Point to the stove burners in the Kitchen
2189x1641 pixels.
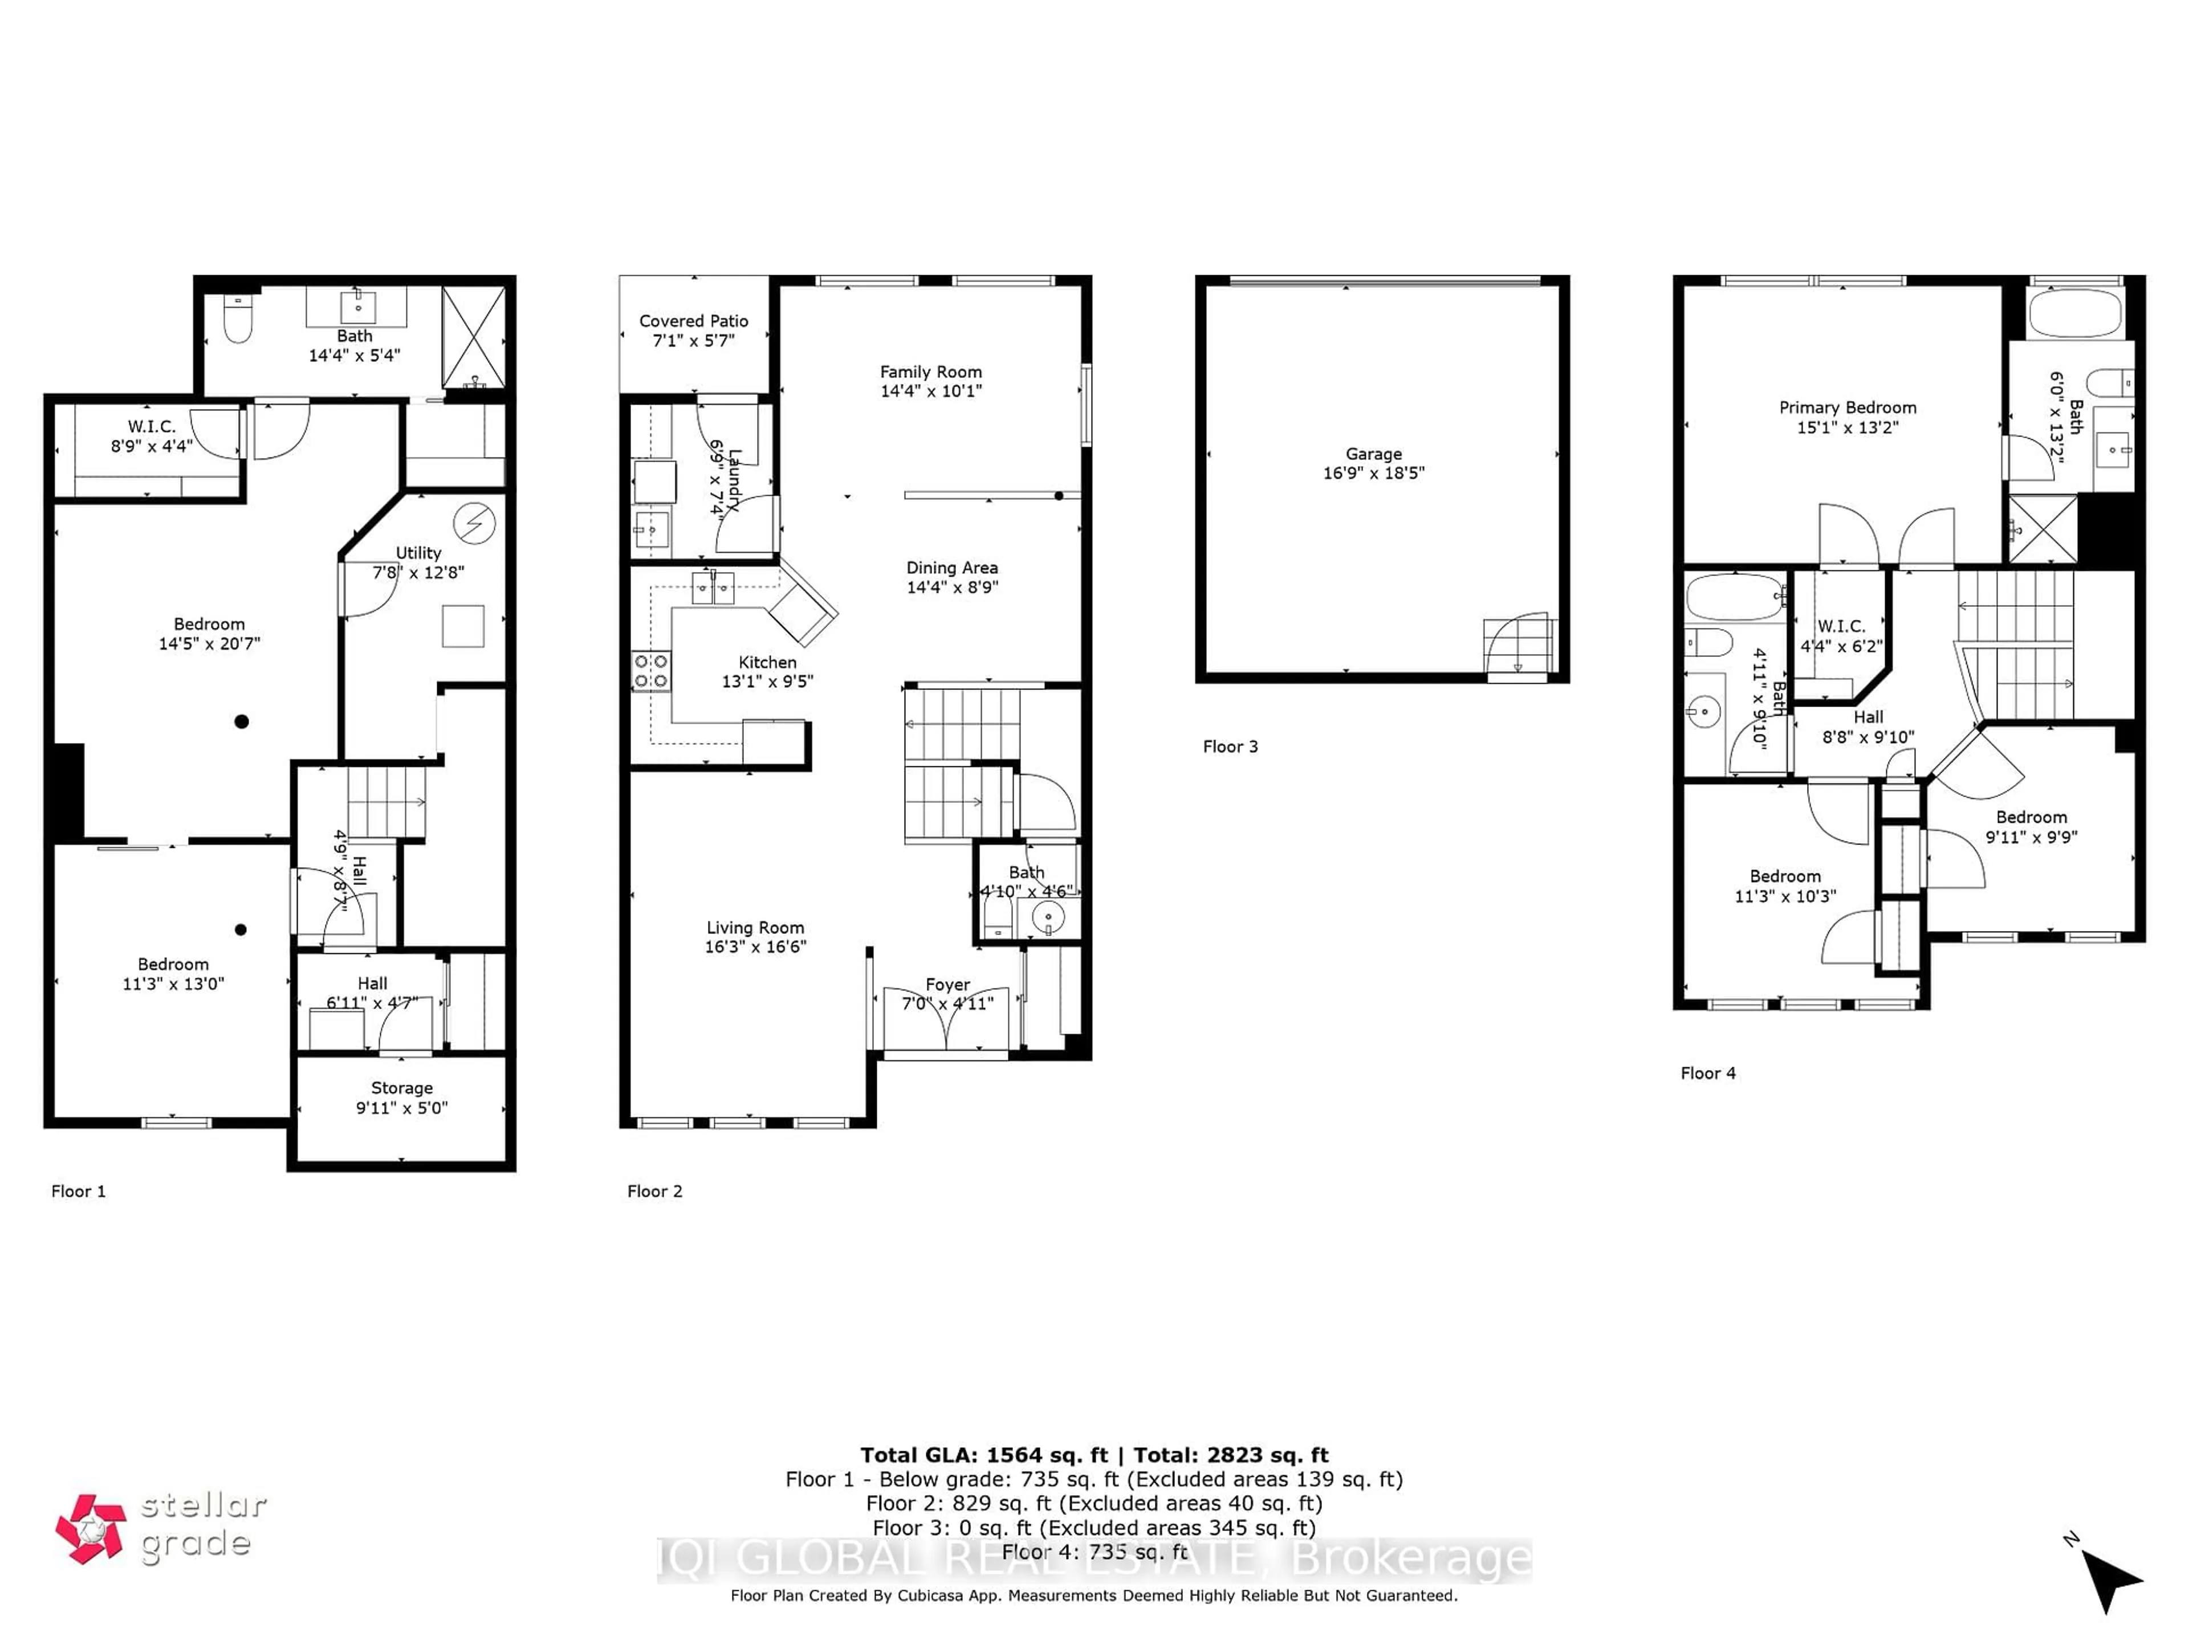point(650,671)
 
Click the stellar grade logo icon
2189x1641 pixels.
point(91,1528)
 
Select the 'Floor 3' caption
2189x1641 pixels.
point(1230,747)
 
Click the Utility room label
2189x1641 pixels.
point(418,553)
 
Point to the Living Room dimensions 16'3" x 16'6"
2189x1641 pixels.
point(755,946)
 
